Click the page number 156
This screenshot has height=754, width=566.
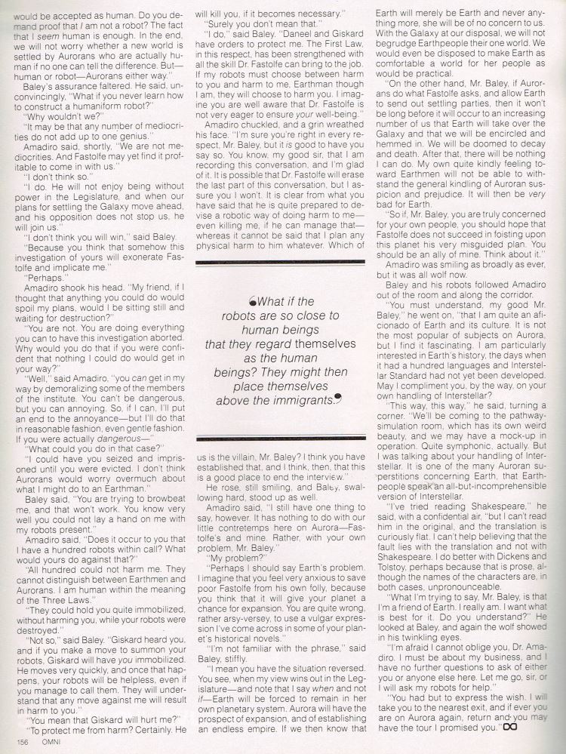19,743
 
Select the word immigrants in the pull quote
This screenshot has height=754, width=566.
298,400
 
